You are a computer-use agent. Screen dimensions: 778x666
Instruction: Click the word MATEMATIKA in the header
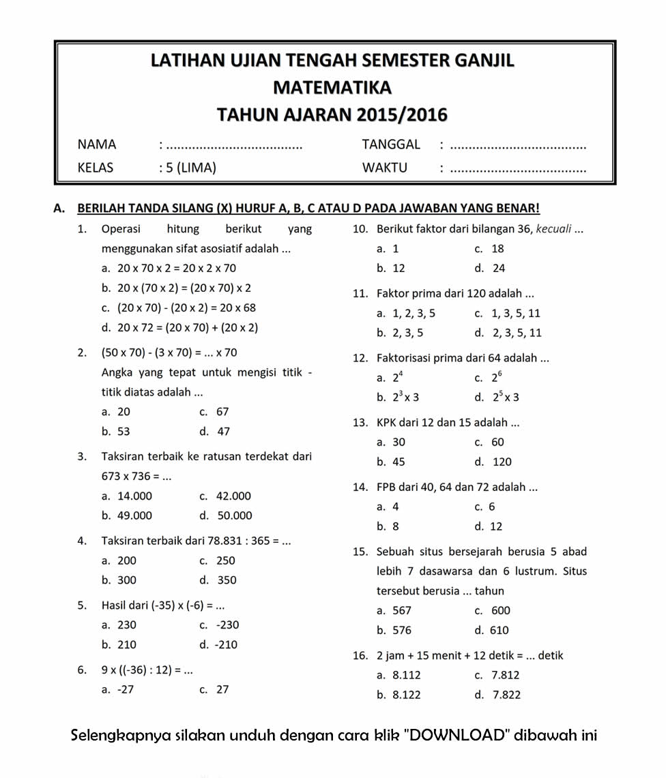click(x=332, y=88)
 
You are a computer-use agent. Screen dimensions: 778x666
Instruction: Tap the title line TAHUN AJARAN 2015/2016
click(x=332, y=115)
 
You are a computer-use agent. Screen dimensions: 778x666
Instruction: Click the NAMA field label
click(x=97, y=145)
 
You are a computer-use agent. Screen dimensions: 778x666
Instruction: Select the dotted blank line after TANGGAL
click(x=519, y=146)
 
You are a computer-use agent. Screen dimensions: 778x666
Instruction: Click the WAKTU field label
click(x=384, y=168)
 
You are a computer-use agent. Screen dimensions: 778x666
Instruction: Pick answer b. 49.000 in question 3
click(x=127, y=515)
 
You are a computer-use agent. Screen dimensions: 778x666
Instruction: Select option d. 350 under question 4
click(x=219, y=580)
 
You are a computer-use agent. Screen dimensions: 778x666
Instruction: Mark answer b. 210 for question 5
click(x=119, y=645)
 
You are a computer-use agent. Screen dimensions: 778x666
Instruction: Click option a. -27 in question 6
click(x=118, y=689)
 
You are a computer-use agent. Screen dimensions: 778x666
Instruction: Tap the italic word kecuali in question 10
click(x=553, y=229)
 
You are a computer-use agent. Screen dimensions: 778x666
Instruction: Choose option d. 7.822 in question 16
click(x=498, y=695)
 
